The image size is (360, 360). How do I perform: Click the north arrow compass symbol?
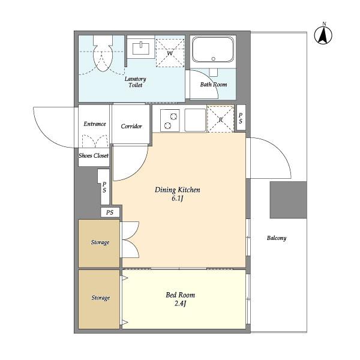(x=323, y=35)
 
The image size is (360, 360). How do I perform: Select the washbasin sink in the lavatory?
(x=141, y=48)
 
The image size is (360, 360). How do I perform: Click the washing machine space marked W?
(x=170, y=53)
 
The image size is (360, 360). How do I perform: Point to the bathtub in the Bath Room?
(x=213, y=50)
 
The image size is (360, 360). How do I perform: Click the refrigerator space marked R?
(x=220, y=119)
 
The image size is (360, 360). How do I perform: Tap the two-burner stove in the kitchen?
(x=170, y=121)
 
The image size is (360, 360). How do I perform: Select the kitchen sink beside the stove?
(x=195, y=120)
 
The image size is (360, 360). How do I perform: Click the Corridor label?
(x=131, y=126)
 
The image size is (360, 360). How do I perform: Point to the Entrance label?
(x=95, y=124)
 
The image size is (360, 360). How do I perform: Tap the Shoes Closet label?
(x=94, y=155)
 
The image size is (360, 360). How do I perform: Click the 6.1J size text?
(x=178, y=199)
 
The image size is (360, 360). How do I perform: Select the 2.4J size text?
(x=180, y=304)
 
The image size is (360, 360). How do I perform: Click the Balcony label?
(x=277, y=238)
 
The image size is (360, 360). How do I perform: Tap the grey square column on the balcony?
(x=289, y=200)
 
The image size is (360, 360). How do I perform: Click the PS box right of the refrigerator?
(x=241, y=118)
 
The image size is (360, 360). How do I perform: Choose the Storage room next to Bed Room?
(x=99, y=299)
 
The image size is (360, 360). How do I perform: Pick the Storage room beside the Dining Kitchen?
(x=99, y=244)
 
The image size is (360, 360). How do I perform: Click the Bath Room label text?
(x=214, y=85)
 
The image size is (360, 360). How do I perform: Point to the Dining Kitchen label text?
(x=178, y=190)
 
